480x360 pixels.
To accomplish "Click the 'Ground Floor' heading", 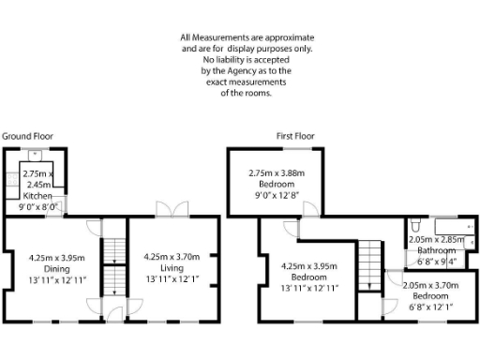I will click(x=26, y=136).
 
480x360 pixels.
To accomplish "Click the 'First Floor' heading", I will click(x=296, y=136).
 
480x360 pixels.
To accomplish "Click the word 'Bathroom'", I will click(x=437, y=250).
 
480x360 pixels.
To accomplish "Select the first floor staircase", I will click(x=371, y=262).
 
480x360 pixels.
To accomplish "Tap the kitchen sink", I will click(x=45, y=155).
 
